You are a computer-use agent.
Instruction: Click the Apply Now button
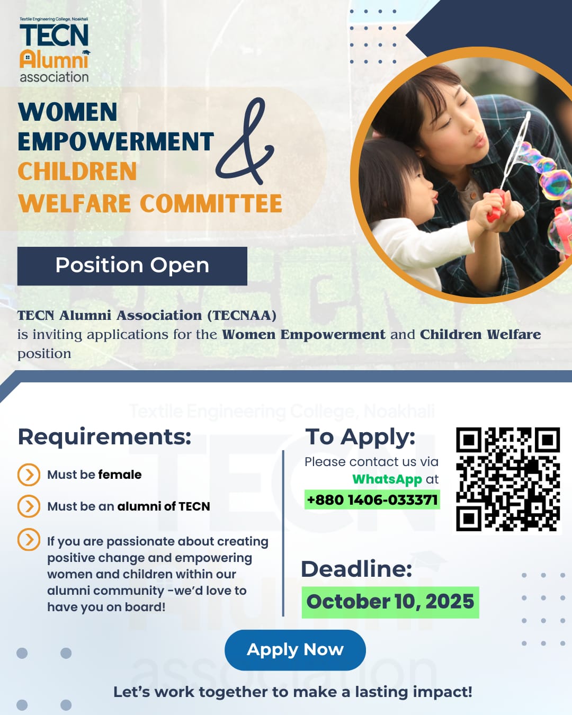tap(295, 650)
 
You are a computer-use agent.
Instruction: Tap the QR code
tap(508, 479)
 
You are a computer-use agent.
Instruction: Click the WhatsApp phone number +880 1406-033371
tap(372, 499)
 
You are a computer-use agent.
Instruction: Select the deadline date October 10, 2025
tap(390, 602)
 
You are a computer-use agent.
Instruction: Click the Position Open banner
tap(132, 266)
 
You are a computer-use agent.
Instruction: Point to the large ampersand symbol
tap(245, 141)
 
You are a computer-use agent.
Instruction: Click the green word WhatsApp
tap(387, 479)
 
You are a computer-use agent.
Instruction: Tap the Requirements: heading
tap(105, 436)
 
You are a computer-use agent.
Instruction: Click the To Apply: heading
tap(360, 437)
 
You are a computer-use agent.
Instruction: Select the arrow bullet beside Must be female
tap(29, 475)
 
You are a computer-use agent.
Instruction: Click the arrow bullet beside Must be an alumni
tap(29, 506)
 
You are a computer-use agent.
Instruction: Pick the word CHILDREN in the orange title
tap(77, 172)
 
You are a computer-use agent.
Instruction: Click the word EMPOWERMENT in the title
tap(115, 141)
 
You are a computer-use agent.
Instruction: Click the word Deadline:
tap(356, 569)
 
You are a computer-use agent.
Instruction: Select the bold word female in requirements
tap(120, 475)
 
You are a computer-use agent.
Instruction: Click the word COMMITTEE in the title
tap(211, 203)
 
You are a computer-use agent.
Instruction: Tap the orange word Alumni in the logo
tap(54, 60)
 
